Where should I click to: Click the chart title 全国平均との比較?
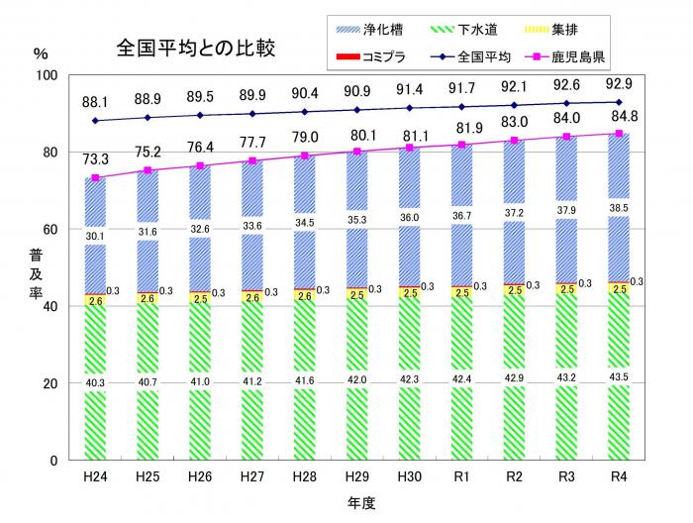pos(195,47)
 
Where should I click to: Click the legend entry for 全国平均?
pos(500,56)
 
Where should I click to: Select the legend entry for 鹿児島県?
pos(612,56)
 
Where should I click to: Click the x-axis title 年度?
pos(360,503)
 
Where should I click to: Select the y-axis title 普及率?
pos(38,268)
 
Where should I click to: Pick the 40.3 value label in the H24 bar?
pos(94,382)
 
